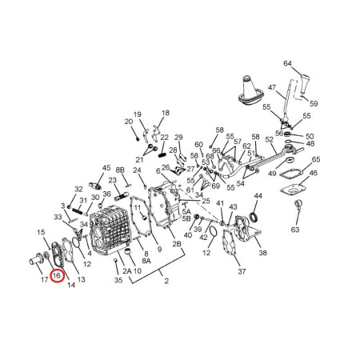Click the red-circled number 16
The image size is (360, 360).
click(x=58, y=275)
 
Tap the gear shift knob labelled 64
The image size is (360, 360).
click(x=305, y=84)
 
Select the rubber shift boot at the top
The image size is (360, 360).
click(x=250, y=90)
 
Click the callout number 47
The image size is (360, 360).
click(x=272, y=88)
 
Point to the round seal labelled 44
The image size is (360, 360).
click(x=254, y=217)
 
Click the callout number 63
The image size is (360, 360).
click(x=295, y=230)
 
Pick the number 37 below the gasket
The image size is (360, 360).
click(x=242, y=271)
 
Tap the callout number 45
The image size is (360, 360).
click(x=106, y=168)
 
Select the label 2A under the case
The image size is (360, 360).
click(x=127, y=271)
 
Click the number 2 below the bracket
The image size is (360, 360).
click(x=166, y=281)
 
